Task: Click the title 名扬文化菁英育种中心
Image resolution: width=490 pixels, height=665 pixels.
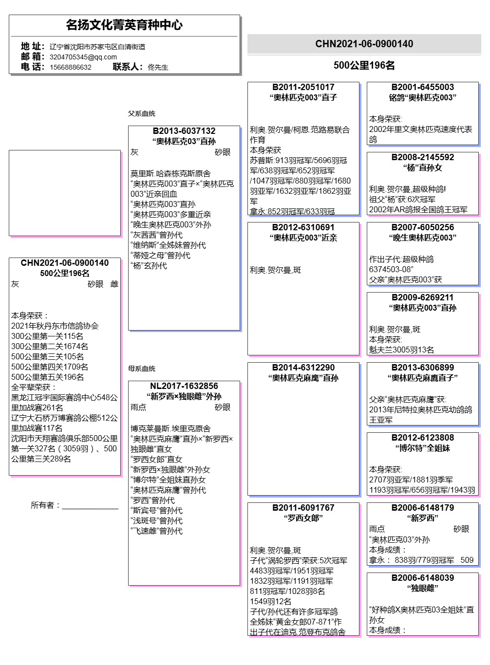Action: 124,25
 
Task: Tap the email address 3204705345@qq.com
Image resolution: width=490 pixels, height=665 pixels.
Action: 83,57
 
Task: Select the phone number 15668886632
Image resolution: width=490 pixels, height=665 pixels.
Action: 71,67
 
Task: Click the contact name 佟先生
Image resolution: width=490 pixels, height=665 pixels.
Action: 158,67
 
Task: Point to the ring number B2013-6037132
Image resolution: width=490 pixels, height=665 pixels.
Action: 184,131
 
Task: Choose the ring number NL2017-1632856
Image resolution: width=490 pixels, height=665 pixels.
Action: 184,386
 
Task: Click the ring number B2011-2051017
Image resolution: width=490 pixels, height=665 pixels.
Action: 303,87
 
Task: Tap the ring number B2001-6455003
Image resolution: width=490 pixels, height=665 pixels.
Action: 422,87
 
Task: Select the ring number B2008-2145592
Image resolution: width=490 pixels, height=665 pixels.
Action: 422,157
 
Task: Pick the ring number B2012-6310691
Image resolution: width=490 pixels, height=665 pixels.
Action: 303,227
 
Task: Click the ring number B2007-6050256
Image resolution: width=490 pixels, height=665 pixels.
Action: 422,227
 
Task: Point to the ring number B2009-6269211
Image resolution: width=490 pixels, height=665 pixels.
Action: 422,297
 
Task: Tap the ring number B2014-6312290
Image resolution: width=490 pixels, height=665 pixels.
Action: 303,368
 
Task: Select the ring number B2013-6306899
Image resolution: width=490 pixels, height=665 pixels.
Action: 422,368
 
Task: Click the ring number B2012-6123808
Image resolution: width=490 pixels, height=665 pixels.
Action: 422,438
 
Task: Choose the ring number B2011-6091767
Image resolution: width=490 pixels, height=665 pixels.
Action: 303,508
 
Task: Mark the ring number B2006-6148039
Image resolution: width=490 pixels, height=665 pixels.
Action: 422,578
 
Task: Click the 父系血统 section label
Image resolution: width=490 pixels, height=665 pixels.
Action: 142,113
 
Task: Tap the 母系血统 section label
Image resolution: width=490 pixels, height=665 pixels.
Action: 142,369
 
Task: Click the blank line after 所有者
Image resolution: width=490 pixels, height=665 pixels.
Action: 90,506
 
